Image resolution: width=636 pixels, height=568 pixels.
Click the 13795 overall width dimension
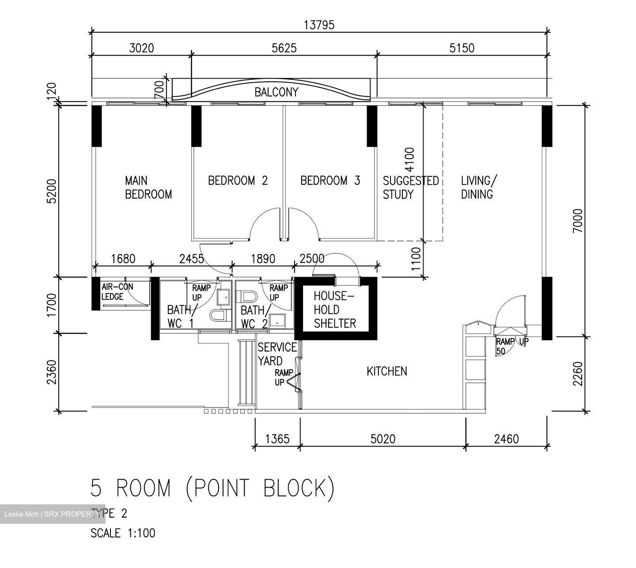pyautogui.click(x=319, y=25)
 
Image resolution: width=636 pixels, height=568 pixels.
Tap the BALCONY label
pyautogui.click(x=276, y=92)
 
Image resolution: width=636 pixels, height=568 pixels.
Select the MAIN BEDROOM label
pyautogui.click(x=148, y=187)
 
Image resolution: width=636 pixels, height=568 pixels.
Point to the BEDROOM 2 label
pyautogui.click(x=238, y=180)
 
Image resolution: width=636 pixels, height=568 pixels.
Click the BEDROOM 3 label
pyautogui.click(x=330, y=180)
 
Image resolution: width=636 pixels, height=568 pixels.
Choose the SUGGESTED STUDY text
pyautogui.click(x=410, y=187)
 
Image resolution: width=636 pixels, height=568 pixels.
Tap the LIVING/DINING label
pyautogui.click(x=479, y=187)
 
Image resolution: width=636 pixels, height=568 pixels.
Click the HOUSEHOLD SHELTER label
pyautogui.click(x=334, y=309)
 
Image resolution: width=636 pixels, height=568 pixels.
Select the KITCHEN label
pyautogui.click(x=387, y=371)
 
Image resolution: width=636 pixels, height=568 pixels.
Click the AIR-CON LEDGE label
pyautogui.click(x=117, y=292)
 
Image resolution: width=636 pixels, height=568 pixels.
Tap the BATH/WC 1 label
pyautogui.click(x=180, y=316)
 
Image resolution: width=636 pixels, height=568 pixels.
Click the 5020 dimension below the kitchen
pyautogui.click(x=383, y=439)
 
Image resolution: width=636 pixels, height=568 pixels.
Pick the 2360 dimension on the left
pyautogui.click(x=52, y=372)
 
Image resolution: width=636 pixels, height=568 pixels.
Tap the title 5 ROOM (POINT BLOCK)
pyautogui.click(x=212, y=488)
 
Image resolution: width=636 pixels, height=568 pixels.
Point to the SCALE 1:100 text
pyautogui.click(x=123, y=533)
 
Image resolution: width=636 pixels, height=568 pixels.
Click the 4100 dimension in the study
pyautogui.click(x=409, y=160)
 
